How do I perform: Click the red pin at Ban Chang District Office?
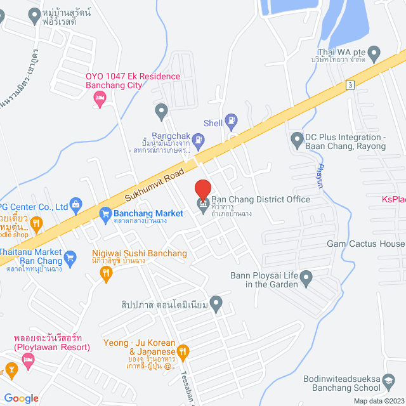202,189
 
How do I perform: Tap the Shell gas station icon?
232,119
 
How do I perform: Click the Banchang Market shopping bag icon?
105,214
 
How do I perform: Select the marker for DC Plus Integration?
296,138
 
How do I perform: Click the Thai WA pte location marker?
374,52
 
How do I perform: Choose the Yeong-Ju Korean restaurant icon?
183,351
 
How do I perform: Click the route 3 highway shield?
350,84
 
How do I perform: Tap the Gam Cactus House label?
365,244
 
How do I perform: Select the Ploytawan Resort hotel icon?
27,360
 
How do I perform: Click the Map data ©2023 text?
378,400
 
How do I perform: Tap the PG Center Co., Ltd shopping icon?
76,205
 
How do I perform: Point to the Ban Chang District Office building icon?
203,204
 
